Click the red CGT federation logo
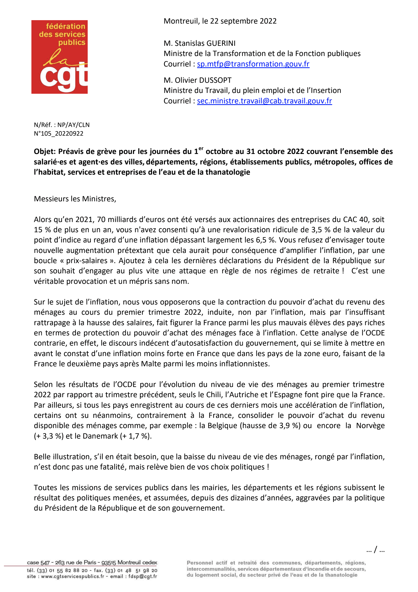tap(59, 57)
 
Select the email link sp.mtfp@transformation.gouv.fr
tap(253, 64)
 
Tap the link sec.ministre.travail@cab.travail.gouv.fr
tap(264, 101)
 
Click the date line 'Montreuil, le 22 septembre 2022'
tap(220, 21)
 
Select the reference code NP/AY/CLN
tap(73, 125)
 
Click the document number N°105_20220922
tap(59, 134)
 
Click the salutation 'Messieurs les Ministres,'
tap(75, 199)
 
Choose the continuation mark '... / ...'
tap(375, 550)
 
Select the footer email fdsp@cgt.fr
tap(143, 576)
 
